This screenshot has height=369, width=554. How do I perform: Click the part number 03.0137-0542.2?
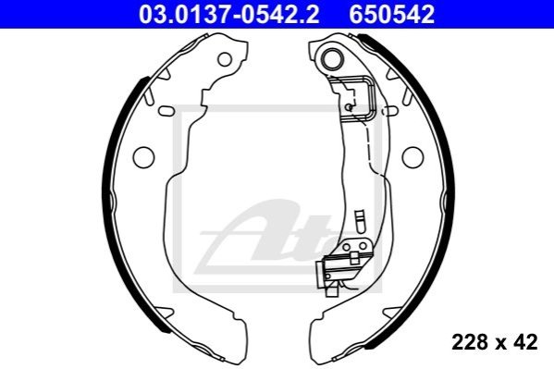point(229,15)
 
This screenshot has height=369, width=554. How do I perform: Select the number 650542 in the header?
point(392,15)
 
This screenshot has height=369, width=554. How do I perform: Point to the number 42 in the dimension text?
point(525,342)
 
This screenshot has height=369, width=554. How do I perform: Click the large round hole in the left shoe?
point(143,157)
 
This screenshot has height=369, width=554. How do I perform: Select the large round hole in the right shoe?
point(412,157)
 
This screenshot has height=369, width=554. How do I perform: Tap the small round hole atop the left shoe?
point(225,59)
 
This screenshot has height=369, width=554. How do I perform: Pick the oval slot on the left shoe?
point(166,111)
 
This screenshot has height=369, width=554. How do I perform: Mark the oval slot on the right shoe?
point(390,111)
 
